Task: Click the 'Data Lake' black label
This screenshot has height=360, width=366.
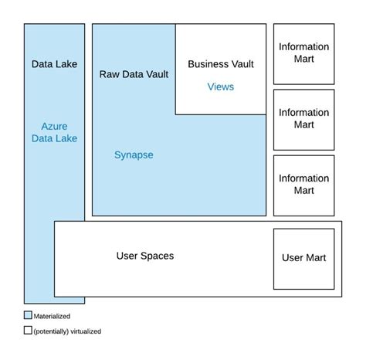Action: point(53,64)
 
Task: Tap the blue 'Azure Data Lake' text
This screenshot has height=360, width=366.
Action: point(54,132)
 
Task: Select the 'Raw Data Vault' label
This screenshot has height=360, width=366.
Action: point(134,74)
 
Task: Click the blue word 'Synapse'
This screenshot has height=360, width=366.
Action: point(134,155)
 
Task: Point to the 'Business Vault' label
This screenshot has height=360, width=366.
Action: point(220,64)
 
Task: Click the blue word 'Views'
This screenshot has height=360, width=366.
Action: point(220,87)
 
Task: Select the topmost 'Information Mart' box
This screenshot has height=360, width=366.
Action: point(303,53)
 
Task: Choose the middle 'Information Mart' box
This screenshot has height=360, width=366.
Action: point(303,118)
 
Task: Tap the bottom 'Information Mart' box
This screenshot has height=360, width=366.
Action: point(303,184)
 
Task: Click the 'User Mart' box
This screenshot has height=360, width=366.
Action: point(303,258)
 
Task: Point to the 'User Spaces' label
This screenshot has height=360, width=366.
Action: point(144,256)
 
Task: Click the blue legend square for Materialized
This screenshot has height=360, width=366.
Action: point(28,315)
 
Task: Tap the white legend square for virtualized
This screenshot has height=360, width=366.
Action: point(28,330)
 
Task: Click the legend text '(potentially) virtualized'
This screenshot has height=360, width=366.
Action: point(67,331)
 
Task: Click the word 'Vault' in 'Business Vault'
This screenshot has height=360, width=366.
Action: point(240,64)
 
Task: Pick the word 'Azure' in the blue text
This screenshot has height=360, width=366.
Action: point(54,125)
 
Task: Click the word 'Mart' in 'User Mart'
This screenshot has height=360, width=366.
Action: point(316,258)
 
